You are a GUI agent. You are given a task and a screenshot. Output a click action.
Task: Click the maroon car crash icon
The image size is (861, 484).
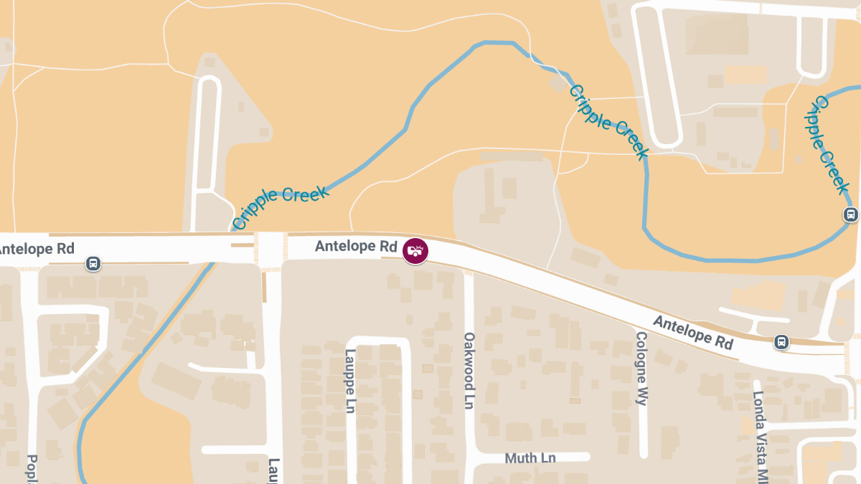coord(415,250)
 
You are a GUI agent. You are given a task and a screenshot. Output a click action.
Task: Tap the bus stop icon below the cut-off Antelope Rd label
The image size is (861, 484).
coord(93,264)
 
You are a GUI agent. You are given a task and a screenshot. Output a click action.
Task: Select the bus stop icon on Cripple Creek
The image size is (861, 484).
coord(850,214)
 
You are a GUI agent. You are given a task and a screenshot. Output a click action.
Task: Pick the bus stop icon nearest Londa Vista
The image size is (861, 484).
coord(781,343)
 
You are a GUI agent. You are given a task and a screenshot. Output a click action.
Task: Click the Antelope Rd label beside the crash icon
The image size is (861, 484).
coord(356,247)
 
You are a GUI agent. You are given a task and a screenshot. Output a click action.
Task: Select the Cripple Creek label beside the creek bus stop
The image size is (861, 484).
coord(827,146)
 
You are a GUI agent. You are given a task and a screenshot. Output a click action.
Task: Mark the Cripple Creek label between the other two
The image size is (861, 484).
coord(609,122)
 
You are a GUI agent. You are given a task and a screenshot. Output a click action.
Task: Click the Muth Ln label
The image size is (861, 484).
coord(530,457)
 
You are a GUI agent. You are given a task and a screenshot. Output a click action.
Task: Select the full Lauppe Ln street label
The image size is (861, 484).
coord(350,380)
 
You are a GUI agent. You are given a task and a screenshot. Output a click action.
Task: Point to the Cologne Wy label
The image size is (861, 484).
coord(641,369)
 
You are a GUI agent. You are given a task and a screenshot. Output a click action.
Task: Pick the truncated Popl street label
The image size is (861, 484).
coord(32,469)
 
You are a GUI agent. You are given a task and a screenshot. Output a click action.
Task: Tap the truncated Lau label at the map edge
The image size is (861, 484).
coord(274,470)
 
